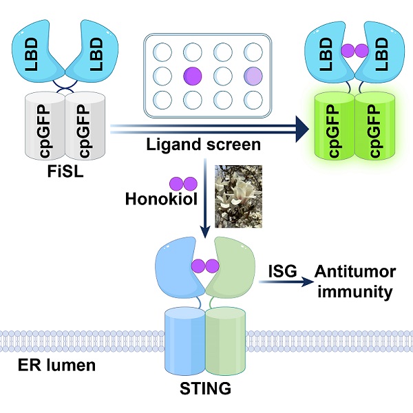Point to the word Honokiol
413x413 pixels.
[161, 200]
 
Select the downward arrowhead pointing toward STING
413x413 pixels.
[204, 229]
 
